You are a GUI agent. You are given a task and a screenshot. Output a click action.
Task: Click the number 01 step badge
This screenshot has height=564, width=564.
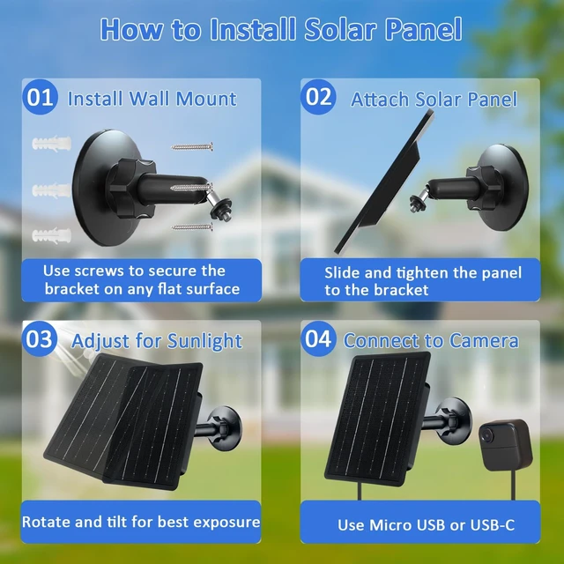40,97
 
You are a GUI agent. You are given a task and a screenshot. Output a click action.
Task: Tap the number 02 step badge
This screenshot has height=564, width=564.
318,97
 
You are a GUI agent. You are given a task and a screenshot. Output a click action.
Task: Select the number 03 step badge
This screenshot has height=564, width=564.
40,338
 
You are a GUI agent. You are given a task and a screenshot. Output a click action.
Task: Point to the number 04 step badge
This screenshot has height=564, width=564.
318,338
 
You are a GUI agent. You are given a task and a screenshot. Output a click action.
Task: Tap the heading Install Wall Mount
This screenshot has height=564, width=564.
152,99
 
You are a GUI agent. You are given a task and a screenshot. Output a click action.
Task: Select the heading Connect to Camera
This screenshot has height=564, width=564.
431,340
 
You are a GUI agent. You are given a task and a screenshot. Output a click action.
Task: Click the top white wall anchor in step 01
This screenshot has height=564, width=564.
51,144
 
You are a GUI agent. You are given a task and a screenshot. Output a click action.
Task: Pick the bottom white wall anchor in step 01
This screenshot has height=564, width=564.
51,235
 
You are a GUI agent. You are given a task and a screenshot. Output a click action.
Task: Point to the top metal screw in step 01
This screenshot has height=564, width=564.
192,147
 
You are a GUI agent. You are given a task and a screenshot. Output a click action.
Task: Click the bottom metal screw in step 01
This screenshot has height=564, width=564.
192,227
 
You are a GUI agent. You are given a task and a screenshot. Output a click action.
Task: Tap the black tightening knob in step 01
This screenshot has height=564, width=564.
131,188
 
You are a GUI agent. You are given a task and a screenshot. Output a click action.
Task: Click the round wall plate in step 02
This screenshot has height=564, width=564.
503,187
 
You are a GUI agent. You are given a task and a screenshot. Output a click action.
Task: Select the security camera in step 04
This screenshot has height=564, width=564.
505,444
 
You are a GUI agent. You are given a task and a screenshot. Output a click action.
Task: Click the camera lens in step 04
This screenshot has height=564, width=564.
487,434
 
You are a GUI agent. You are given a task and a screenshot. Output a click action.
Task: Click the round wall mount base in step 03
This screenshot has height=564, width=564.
226,429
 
